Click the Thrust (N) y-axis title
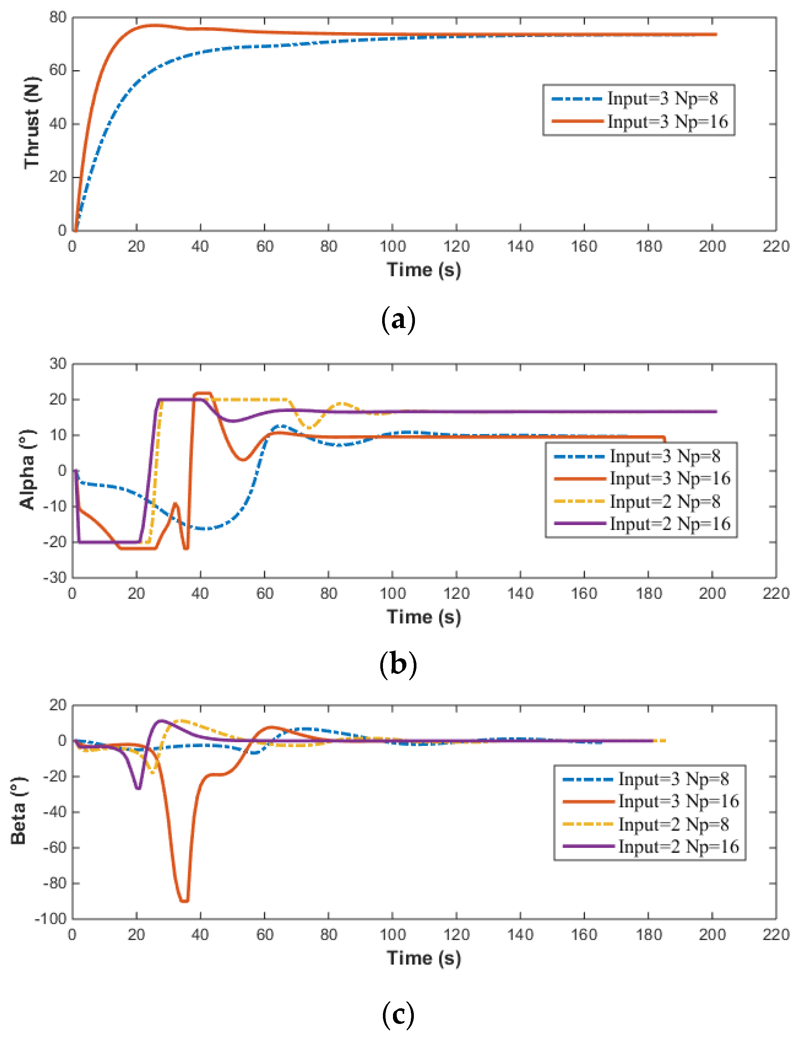(x=32, y=122)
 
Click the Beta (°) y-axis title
(x=18, y=811)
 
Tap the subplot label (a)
(x=398, y=319)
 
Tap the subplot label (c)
(x=398, y=1015)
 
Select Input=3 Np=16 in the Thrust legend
(x=667, y=122)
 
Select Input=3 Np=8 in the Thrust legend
(x=663, y=99)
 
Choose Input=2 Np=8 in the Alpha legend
(x=665, y=501)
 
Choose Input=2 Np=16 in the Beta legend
(x=678, y=846)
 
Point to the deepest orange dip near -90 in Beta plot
(x=184, y=900)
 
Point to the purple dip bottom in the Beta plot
(x=138, y=788)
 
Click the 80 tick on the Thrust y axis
(x=57, y=18)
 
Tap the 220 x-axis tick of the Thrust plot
(x=775, y=247)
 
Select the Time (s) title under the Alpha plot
(x=424, y=617)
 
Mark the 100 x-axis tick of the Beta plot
(x=392, y=935)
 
